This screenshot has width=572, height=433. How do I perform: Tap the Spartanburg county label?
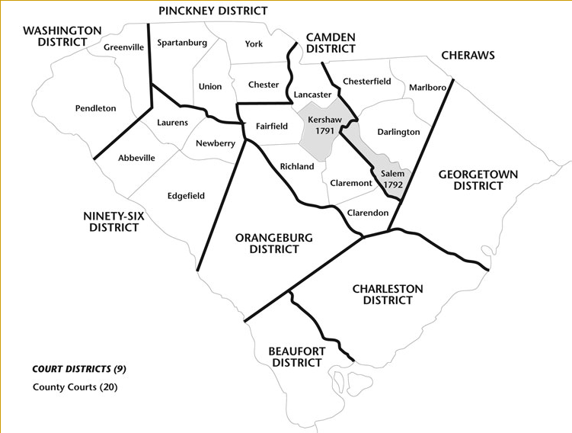181,43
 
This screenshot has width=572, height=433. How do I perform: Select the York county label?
254,43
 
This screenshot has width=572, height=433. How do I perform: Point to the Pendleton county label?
95,108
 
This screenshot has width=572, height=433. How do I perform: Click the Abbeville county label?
136,158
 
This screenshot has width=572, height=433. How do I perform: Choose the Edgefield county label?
186,196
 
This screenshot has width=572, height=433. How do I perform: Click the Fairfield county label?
272,126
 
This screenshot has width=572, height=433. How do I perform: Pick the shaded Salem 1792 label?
392,178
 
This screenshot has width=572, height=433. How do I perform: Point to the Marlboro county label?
427,87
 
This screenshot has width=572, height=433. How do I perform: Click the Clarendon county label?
368,212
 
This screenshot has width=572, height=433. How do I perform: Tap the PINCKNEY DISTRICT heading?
213,11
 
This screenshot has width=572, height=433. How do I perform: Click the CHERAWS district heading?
468,55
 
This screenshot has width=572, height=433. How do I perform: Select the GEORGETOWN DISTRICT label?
478,180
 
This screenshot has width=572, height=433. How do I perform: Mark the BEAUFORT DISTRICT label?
296,356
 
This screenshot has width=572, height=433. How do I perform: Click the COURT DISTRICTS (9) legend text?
79,369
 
